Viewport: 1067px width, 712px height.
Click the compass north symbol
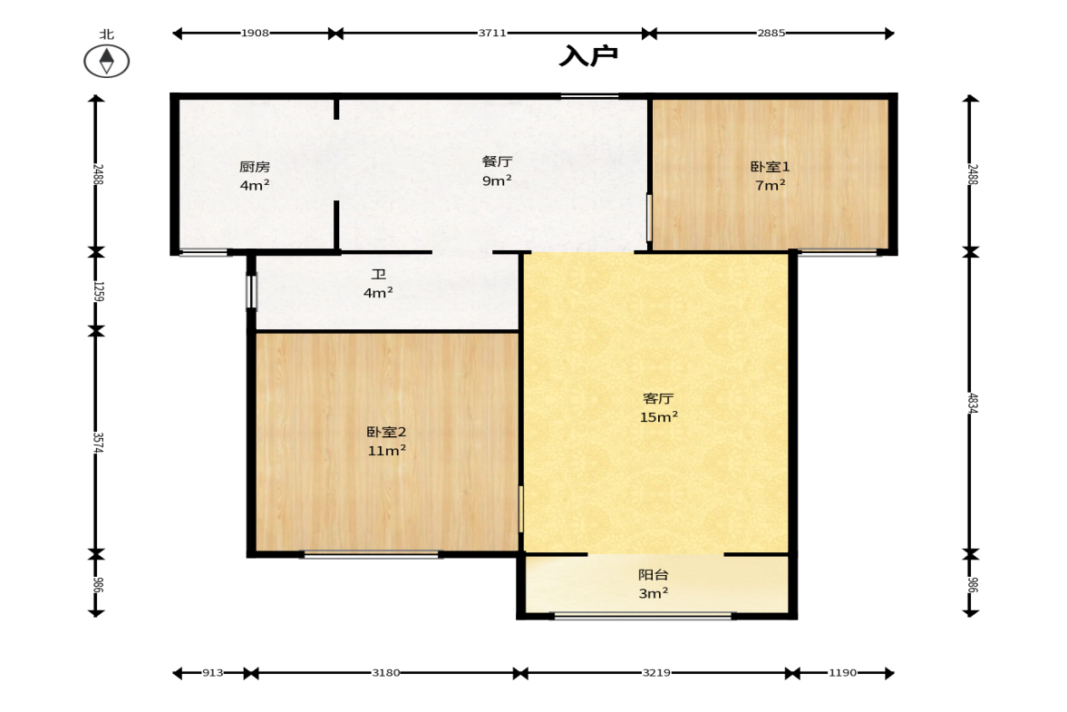[x=107, y=61]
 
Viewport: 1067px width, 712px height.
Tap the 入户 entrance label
[x=588, y=56]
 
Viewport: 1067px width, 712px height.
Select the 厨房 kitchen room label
[x=255, y=167]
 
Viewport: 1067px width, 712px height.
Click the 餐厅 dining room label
[x=497, y=161]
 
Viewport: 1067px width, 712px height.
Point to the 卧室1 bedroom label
[x=771, y=167]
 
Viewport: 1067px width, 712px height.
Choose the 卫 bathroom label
[x=378, y=274]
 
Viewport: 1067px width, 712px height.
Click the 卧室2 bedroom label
[x=386, y=433]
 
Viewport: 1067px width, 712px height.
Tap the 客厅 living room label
[x=658, y=398]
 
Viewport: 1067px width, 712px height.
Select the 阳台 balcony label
[x=654, y=574]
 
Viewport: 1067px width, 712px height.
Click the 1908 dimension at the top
[x=255, y=33]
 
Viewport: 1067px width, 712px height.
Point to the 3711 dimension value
[x=492, y=33]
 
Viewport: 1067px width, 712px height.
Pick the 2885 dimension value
[x=771, y=33]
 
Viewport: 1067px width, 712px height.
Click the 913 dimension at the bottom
[x=212, y=672]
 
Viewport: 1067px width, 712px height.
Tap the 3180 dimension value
[x=386, y=672]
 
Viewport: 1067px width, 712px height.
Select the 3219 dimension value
[x=656, y=672]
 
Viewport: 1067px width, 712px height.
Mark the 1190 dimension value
[x=842, y=672]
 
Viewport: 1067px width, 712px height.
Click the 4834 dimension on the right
[x=973, y=403]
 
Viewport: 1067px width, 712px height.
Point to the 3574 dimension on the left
[x=98, y=443]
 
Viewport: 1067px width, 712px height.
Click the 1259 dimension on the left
[x=98, y=291]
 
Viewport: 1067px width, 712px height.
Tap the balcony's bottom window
[x=643, y=616]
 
